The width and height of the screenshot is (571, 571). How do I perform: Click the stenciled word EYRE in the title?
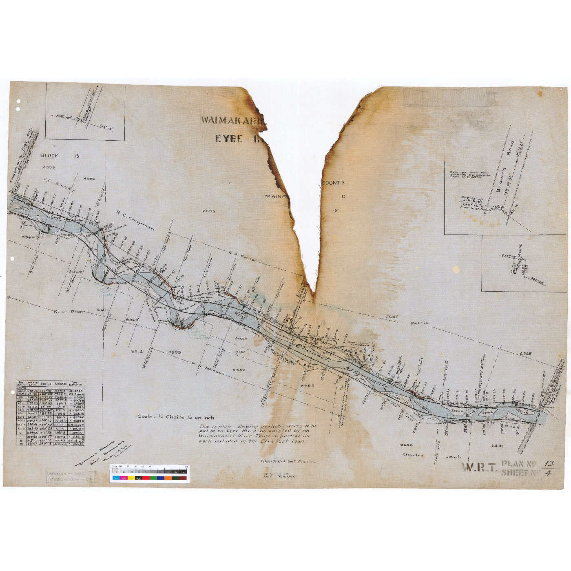pyautogui.click(x=229, y=139)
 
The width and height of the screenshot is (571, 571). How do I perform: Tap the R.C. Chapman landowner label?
pyautogui.click(x=135, y=221)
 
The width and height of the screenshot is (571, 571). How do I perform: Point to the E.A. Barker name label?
pyautogui.click(x=242, y=257)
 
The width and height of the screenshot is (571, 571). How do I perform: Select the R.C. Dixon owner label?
pyautogui.click(x=70, y=312)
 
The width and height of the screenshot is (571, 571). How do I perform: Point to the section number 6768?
pyautogui.click(x=526, y=354)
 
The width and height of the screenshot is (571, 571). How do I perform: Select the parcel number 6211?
pyautogui.click(x=103, y=310)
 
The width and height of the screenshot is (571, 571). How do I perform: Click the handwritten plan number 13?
pyautogui.click(x=549, y=464)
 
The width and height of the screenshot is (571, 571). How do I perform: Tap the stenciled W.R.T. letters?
pyautogui.click(x=479, y=468)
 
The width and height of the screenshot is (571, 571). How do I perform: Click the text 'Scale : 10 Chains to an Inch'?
pyautogui.click(x=176, y=417)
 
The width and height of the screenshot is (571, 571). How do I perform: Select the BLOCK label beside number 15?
pyautogui.click(x=50, y=156)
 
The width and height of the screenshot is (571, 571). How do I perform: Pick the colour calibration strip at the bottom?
pyautogui.click(x=149, y=474)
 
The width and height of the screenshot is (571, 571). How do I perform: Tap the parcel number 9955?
pyautogui.click(x=308, y=385)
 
